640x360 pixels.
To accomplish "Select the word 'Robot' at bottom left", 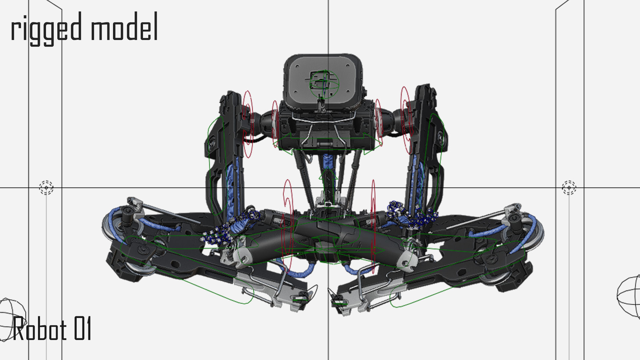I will coord(40,329).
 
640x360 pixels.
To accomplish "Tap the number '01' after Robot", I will coord(82,329).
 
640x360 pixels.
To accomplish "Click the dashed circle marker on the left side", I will coord(46,188).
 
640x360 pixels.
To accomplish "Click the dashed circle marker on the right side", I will coord(569,188).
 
